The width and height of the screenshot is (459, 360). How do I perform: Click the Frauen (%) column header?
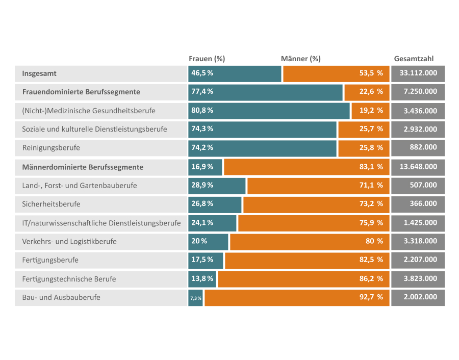[x=207, y=59]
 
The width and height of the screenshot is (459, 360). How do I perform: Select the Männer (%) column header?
[x=300, y=59]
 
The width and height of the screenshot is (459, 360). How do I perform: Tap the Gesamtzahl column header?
[x=414, y=59]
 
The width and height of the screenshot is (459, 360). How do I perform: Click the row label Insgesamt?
[x=39, y=73]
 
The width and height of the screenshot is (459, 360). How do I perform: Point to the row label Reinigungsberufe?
[x=51, y=148]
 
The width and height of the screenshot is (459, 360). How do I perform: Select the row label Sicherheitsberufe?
[x=51, y=204]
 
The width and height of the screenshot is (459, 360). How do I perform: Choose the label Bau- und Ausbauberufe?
[x=61, y=298]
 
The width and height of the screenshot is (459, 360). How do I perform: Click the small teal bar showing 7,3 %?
[x=195, y=298]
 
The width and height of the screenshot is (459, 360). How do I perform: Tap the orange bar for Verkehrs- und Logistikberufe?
[x=310, y=242]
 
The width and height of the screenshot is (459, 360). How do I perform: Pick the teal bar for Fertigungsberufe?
[x=206, y=261]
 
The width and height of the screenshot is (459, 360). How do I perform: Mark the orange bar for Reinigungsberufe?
[x=364, y=148]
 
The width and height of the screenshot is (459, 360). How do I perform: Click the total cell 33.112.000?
[x=418, y=74]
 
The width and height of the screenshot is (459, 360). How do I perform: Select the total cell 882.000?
[x=418, y=148]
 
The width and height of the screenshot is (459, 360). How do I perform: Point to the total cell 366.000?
[x=418, y=204]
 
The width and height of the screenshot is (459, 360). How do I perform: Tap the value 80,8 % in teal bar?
[x=202, y=111]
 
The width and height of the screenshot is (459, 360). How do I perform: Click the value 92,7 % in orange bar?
[x=371, y=297]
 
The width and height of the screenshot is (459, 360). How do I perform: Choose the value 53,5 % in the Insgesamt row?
[x=371, y=73]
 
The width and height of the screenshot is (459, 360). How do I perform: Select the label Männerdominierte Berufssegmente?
[x=83, y=167]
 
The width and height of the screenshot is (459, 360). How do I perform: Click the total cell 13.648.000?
[x=418, y=167]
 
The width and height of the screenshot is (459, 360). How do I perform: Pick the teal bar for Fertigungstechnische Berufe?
[x=202, y=279]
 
